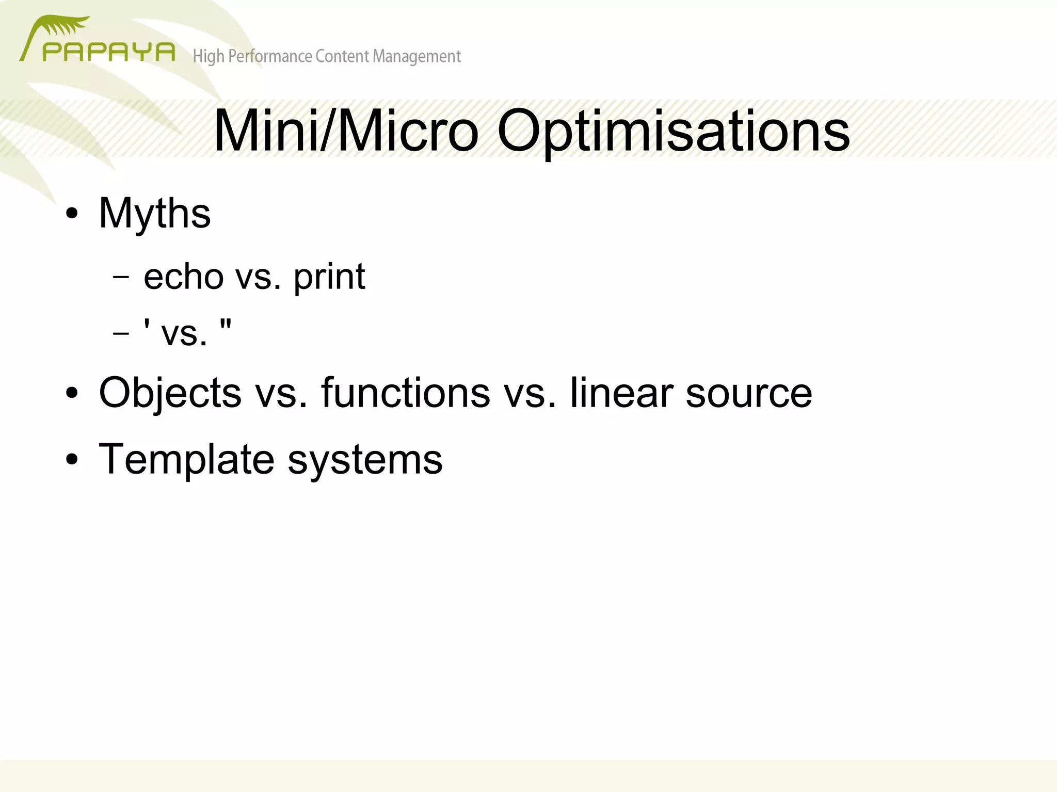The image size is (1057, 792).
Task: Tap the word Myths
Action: point(154,213)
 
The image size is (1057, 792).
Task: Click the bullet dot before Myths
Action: point(72,214)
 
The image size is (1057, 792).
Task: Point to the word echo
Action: point(183,277)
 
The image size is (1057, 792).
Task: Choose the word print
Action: point(329,278)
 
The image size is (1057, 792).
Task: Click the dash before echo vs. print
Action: point(121,277)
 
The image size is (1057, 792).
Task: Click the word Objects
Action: point(170,393)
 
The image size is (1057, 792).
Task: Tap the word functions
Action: point(405,393)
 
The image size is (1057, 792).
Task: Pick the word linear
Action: point(621,393)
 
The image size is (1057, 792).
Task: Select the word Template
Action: point(186,459)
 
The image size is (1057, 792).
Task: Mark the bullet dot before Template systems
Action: point(72,460)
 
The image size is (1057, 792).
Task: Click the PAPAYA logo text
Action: point(108,52)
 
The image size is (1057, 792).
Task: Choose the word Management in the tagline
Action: point(417,56)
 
